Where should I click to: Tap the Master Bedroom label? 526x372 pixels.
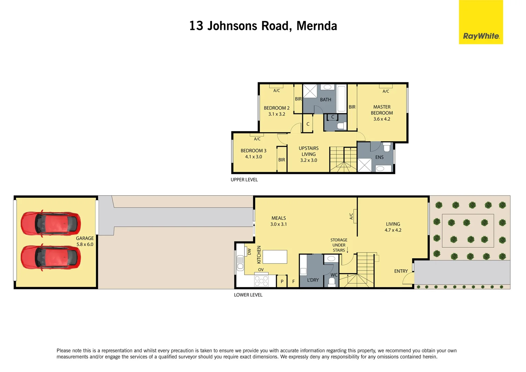coord(382,110)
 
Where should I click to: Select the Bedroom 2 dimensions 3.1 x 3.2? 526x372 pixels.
coord(276,114)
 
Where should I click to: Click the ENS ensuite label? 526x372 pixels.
coord(379,157)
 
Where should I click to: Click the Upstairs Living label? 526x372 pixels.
coord(308,151)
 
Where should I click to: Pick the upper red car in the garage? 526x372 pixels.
coord(51,223)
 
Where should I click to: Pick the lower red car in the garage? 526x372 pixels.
coord(51,257)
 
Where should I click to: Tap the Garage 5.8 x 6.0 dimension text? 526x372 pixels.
coord(85,245)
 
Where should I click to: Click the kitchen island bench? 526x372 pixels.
coord(275,257)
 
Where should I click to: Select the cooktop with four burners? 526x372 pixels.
coord(261,281)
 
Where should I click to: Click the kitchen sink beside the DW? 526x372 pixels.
coord(240,264)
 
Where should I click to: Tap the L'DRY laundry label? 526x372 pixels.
coord(313,280)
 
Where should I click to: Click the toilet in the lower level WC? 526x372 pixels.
coord(332,282)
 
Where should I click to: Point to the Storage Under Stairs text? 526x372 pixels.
coord(339,245)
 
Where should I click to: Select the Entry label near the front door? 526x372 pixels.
coord(401,271)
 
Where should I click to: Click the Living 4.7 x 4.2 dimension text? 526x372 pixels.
coord(393,230)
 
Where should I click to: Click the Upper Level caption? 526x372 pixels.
coord(244,180)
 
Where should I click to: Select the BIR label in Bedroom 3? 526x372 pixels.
coord(282,160)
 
